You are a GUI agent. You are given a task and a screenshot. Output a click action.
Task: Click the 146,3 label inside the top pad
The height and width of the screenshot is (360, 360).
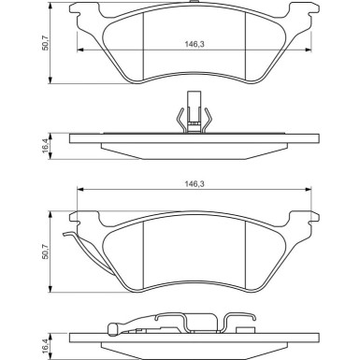194,44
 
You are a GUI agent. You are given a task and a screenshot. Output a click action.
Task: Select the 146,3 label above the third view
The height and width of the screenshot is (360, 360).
194,184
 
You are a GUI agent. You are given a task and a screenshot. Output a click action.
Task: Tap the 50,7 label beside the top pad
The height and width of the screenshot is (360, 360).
46,43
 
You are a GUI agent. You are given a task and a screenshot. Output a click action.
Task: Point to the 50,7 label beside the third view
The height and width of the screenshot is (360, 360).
46,252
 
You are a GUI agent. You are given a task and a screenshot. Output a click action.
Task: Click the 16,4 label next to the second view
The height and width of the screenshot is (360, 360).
46,146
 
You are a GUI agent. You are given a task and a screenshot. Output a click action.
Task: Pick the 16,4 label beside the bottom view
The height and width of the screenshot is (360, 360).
46,346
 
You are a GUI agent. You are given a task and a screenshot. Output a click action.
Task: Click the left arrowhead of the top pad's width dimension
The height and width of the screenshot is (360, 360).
80,50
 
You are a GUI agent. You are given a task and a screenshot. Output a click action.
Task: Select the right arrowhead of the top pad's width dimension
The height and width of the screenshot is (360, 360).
308,50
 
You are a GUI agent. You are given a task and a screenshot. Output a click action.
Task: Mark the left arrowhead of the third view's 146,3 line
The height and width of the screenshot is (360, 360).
80,189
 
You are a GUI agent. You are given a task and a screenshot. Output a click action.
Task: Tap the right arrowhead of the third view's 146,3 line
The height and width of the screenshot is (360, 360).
308,189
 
